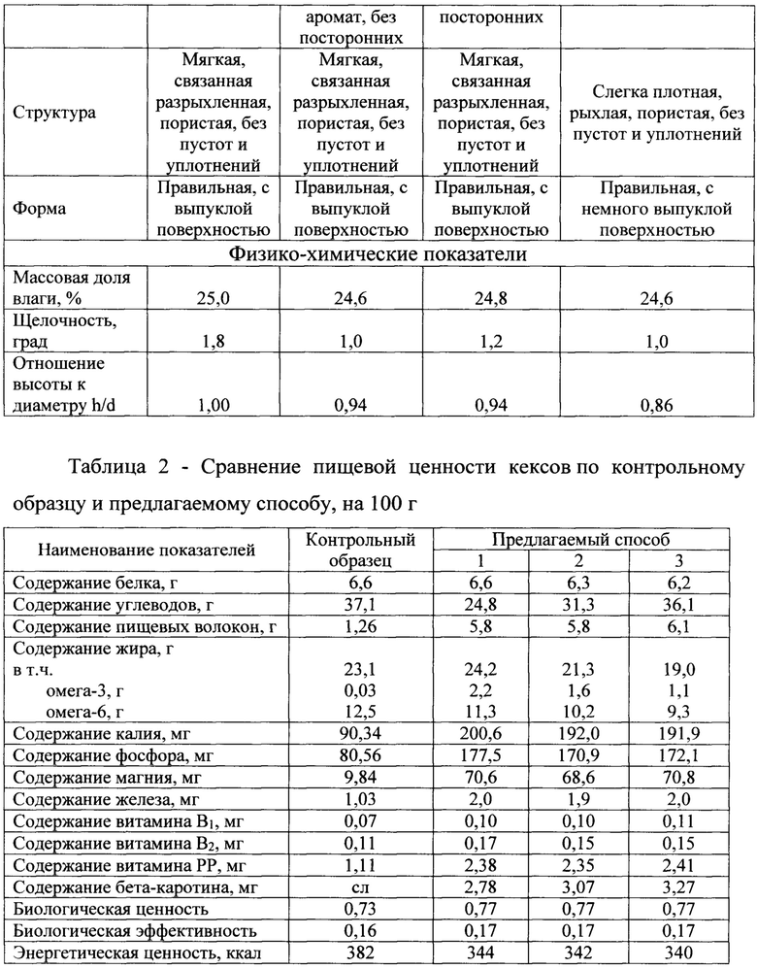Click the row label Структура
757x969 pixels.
[x=54, y=113]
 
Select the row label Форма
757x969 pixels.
[x=41, y=207]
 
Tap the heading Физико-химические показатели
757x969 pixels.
[x=378, y=256]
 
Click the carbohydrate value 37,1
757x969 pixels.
[x=360, y=605]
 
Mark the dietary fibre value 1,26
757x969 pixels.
[x=360, y=628]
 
